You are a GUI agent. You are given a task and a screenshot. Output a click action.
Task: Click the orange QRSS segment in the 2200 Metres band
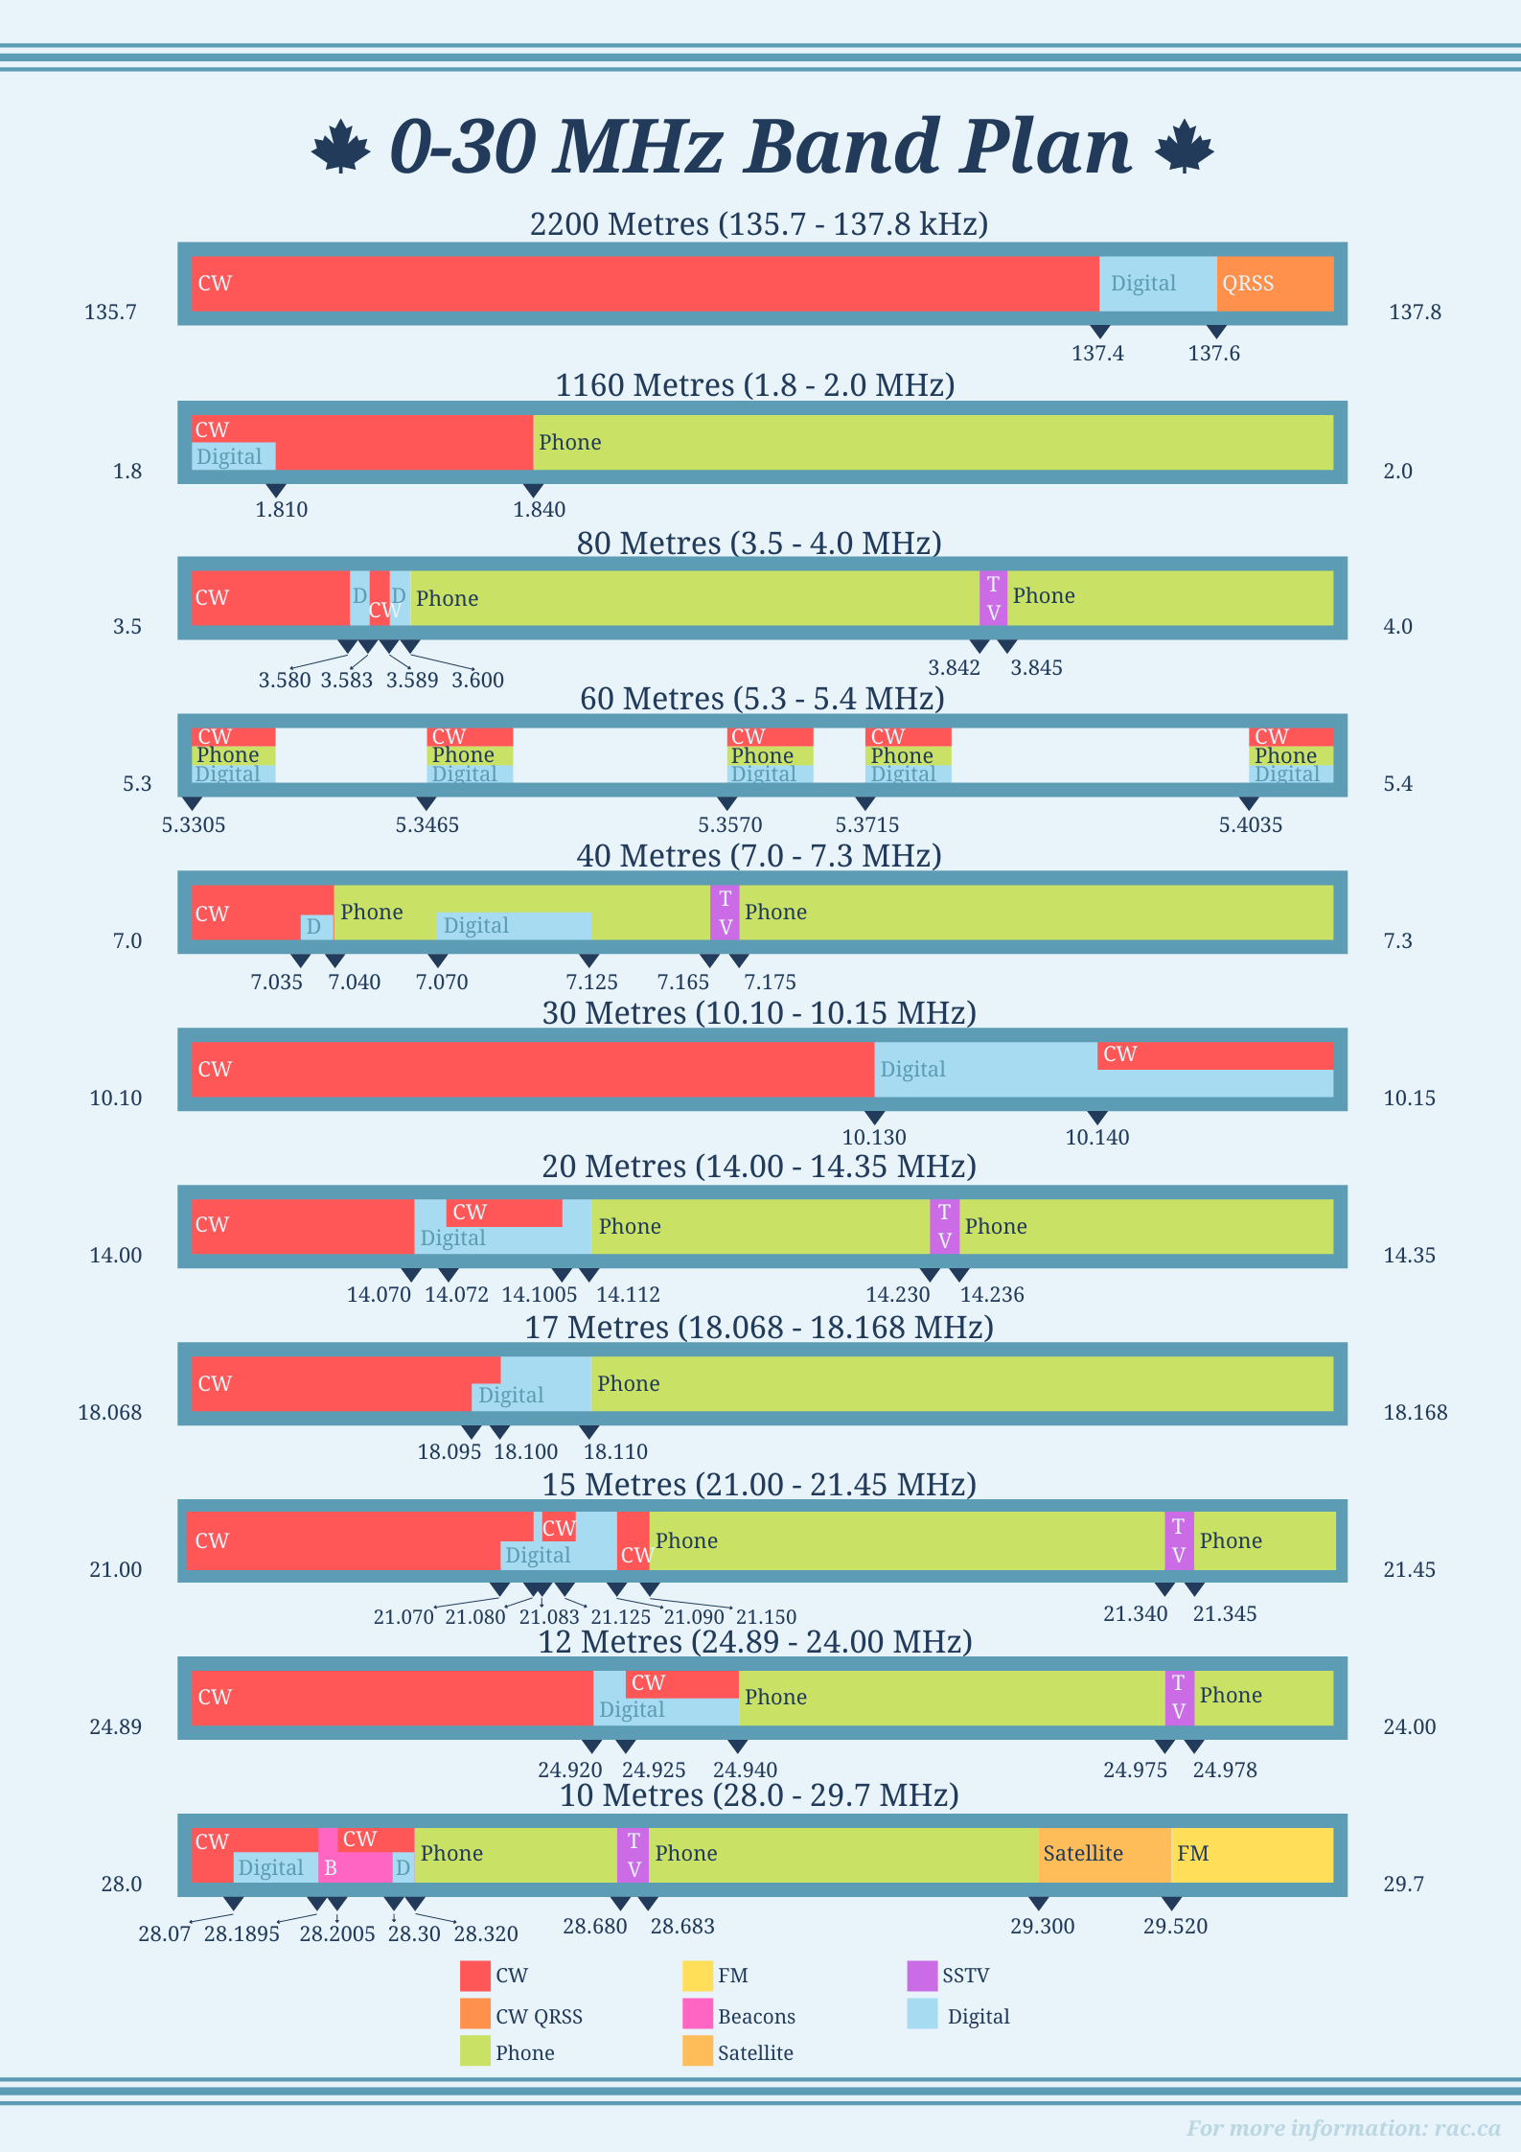pos(1275,284)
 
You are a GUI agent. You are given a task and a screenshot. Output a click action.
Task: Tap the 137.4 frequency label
pos(1097,354)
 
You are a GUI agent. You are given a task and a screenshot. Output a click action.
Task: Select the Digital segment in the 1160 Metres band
pos(233,456)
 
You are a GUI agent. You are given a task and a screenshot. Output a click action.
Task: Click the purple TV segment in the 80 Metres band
pos(993,598)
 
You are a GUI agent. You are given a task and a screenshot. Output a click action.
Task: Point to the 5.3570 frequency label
pos(729,825)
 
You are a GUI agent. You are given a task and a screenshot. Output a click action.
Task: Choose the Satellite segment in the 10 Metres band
pos(1103,1854)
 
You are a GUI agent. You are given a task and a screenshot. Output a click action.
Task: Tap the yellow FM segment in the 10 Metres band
pos(1251,1854)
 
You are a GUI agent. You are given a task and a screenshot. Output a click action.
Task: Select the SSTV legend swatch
pos(922,1976)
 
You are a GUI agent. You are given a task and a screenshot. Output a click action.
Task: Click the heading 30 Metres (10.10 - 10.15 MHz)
pos(759,1013)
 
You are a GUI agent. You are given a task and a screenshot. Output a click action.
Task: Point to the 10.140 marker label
pos(1097,1138)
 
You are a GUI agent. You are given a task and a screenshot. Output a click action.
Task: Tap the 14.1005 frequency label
pos(540,1295)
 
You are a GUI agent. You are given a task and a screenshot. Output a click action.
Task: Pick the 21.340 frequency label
pos(1135,1614)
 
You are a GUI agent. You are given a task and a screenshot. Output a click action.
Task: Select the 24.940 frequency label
pos(745,1770)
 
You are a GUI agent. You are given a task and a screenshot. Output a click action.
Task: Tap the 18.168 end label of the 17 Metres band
pos(1415,1413)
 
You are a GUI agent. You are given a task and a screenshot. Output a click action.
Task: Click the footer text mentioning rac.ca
pos(1343,2128)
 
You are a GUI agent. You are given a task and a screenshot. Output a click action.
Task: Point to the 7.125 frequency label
pos(591,983)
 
